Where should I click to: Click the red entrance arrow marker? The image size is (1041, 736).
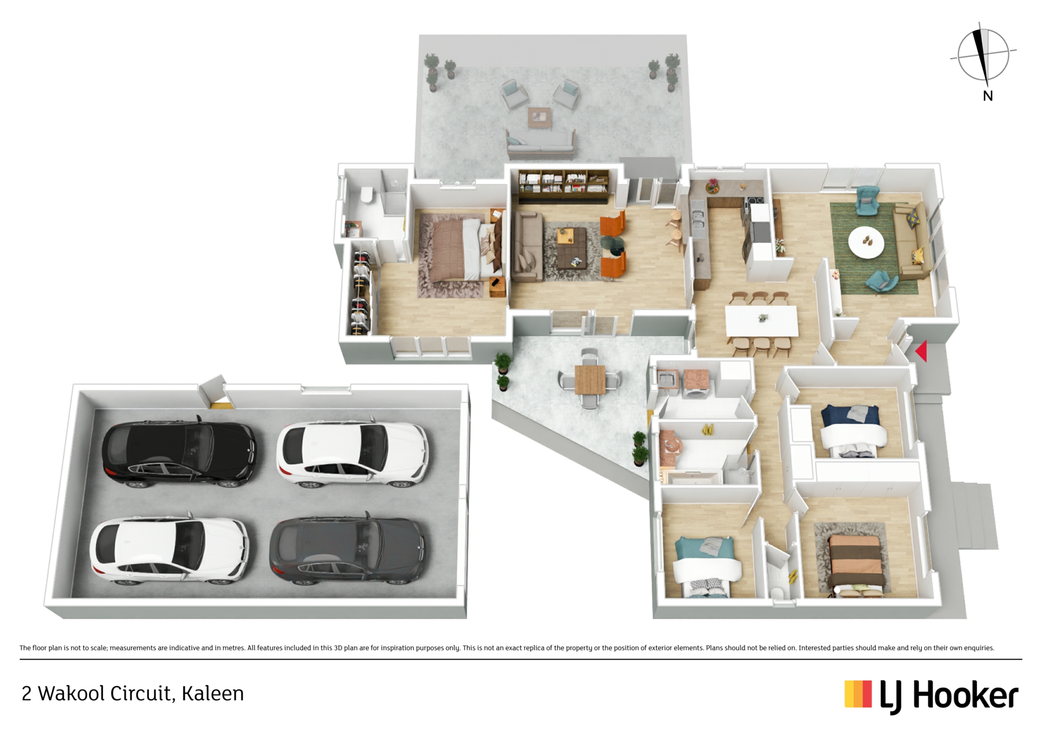pyautogui.click(x=922, y=351)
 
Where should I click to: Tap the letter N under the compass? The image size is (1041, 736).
pyautogui.click(x=988, y=96)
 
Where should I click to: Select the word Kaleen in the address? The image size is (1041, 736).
pyautogui.click(x=213, y=694)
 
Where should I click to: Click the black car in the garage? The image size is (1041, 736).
pyautogui.click(x=179, y=451)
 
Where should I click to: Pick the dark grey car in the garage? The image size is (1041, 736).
pyautogui.click(x=348, y=549)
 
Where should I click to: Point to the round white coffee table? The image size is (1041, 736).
pyautogui.click(x=866, y=242)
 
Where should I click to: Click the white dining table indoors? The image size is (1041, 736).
pyautogui.click(x=762, y=322)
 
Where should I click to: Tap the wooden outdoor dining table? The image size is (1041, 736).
pyautogui.click(x=590, y=379)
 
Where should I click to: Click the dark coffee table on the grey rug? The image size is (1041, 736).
pyautogui.click(x=571, y=248)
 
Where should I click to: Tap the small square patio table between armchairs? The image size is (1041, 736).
pyautogui.click(x=539, y=116)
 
